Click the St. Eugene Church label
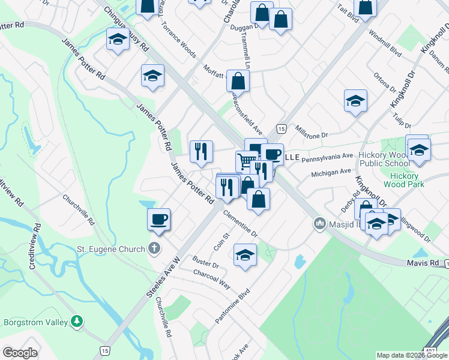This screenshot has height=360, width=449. [x=110, y=249]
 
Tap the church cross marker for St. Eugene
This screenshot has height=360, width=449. [x=154, y=248]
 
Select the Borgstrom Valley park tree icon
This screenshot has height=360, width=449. [x=77, y=322]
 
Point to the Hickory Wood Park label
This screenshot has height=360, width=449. [x=407, y=180]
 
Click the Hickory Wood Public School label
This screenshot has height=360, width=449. [x=384, y=159]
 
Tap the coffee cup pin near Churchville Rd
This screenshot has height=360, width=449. [x=159, y=219]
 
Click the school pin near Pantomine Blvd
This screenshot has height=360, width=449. [x=245, y=255]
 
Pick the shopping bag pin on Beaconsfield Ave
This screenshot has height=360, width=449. [x=238, y=80]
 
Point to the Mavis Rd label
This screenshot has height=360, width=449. [x=426, y=263]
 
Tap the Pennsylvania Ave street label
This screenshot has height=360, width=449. [x=327, y=157]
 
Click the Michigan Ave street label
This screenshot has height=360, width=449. [x=331, y=173]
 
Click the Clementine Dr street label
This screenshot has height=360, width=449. [x=240, y=223]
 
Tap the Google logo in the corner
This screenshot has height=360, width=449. [x=20, y=353]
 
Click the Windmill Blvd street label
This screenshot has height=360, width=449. [x=385, y=43]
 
